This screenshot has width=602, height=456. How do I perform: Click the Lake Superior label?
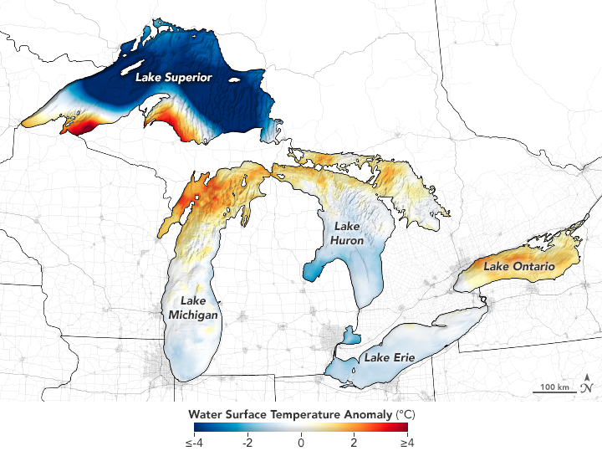(175, 77)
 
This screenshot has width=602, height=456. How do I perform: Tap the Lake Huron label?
(348, 233)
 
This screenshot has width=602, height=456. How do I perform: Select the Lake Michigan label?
(193, 308)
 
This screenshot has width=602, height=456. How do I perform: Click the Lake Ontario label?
(518, 267)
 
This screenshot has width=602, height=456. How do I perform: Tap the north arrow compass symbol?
(588, 383)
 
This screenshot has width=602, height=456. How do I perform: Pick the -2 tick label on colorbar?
(246, 443)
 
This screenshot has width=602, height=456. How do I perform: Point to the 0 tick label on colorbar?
(301, 443)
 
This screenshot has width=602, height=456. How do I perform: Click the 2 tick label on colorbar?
(355, 443)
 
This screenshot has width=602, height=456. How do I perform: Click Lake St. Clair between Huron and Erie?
(350, 336)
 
